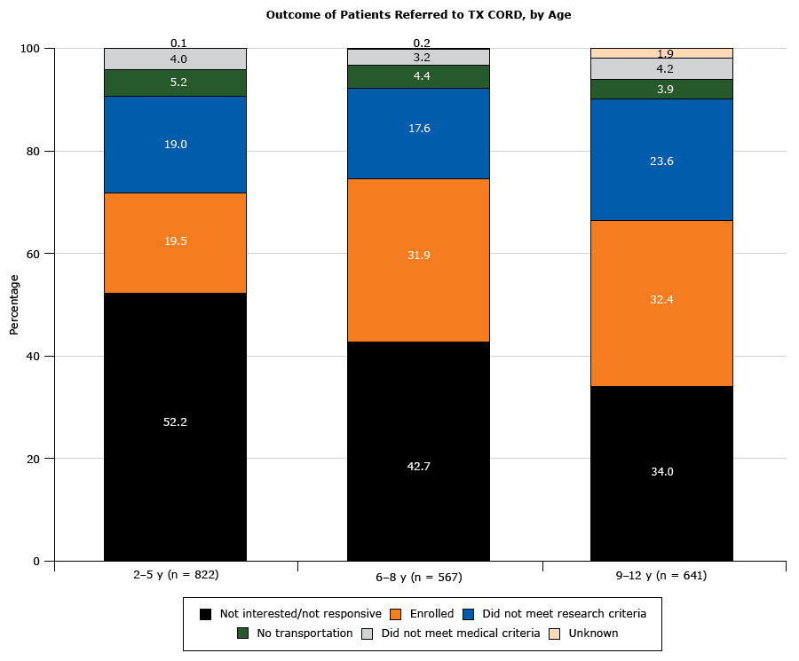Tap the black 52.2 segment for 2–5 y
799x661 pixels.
(x=175, y=426)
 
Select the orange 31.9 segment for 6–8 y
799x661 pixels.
(x=418, y=260)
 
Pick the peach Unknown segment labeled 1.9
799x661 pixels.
(x=661, y=53)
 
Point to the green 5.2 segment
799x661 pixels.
(x=175, y=83)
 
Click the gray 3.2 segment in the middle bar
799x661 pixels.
(x=418, y=57)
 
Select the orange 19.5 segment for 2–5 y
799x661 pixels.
(x=175, y=242)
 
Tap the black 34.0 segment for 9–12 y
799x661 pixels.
(x=661, y=473)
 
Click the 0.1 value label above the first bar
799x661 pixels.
(x=178, y=43)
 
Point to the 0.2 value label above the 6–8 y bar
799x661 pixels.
(x=422, y=43)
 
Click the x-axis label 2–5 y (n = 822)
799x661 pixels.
(x=176, y=575)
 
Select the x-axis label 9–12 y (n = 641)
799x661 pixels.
(x=661, y=575)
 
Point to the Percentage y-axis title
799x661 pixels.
(x=13, y=304)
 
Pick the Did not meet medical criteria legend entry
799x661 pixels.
(x=452, y=633)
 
